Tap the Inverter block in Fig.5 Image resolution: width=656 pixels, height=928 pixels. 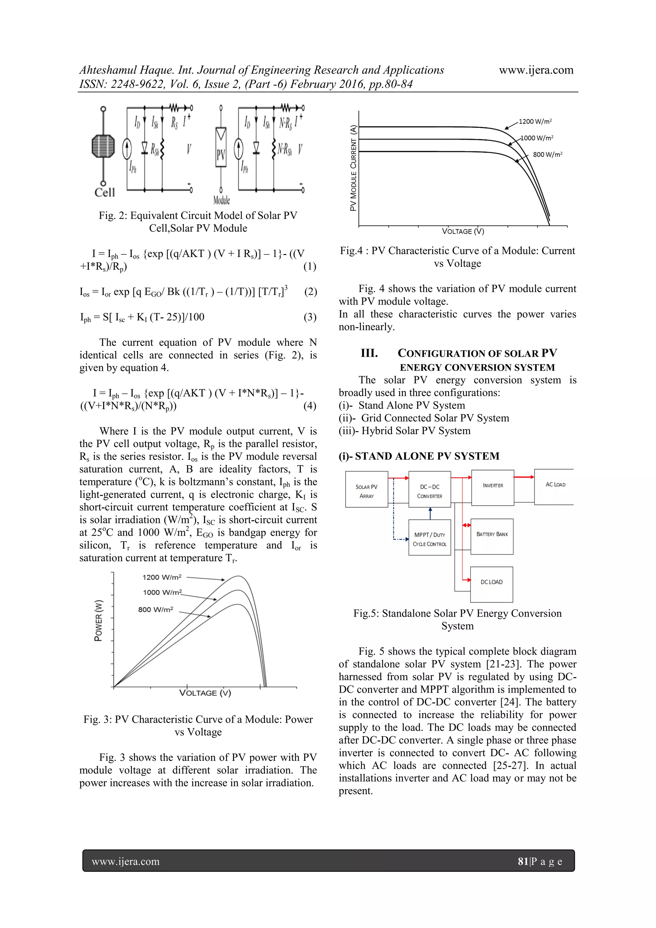pos(492,487)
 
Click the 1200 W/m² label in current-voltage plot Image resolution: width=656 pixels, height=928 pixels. pos(535,121)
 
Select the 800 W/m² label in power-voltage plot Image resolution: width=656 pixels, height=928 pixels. pos(156,609)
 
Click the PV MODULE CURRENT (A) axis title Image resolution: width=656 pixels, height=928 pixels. pos(353,168)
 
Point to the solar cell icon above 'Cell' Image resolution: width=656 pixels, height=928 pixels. pos(103,146)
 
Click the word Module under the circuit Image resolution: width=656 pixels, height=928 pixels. pos(221,200)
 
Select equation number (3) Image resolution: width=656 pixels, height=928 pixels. pos(310,317)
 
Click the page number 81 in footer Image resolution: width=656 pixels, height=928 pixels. pos(523,861)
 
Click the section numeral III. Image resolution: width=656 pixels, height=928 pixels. pos(369,353)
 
